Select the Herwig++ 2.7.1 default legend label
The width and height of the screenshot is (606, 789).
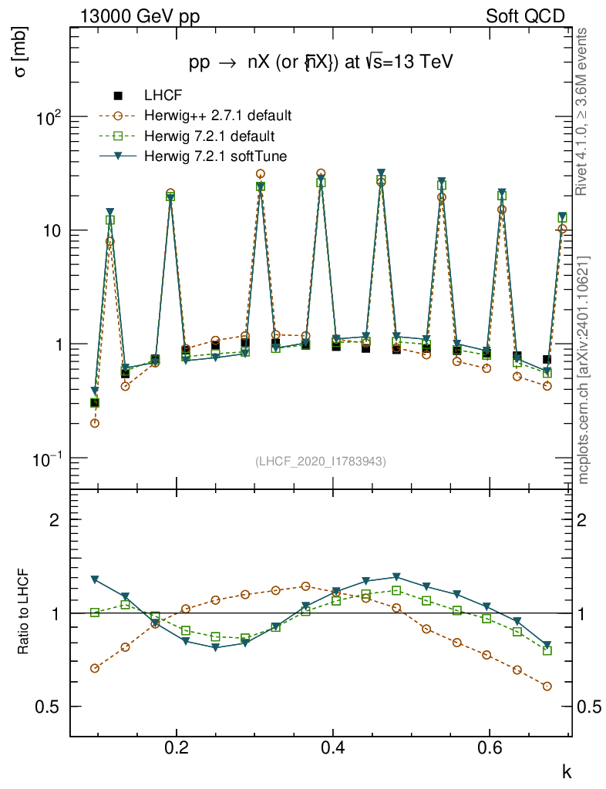[217, 116]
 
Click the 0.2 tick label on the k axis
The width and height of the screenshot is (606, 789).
[177, 748]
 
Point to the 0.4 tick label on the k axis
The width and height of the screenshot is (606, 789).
[333, 748]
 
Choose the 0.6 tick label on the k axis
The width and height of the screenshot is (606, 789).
[490, 748]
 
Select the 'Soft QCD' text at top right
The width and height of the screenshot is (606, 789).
[525, 16]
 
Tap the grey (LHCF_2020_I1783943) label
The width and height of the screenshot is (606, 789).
[320, 462]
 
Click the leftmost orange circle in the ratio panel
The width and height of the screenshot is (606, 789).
[95, 668]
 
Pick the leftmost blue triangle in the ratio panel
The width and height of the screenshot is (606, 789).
[95, 579]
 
